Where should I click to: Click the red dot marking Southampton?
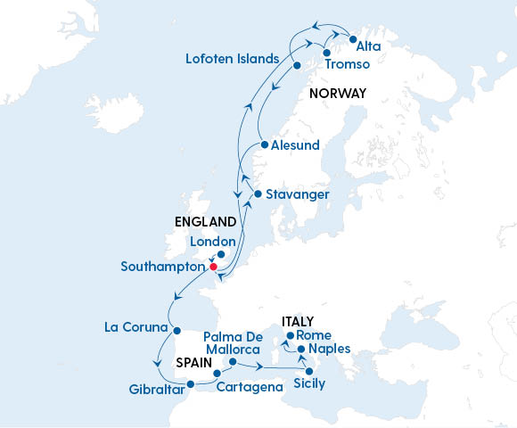pos(213,267)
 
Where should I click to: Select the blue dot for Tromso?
pos(327,54)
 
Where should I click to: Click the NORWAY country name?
pos(337,93)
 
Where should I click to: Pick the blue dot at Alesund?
pos(263,145)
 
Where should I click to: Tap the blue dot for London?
pos(221,254)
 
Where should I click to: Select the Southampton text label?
pos(162,267)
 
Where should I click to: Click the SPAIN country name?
pos(193,365)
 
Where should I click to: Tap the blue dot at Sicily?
pos(309,371)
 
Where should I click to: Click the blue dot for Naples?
pos(301,350)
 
